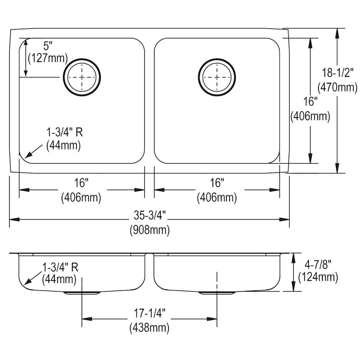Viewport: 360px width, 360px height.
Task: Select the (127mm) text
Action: [x=48, y=58]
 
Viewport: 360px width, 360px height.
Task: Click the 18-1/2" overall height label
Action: [x=338, y=73]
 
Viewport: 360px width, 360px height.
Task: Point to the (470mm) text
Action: [x=338, y=87]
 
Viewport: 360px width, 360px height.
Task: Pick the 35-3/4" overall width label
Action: [x=150, y=215]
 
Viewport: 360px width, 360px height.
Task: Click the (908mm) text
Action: [x=150, y=230]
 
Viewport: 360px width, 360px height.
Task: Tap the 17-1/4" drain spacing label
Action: [x=150, y=313]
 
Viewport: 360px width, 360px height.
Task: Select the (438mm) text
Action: [x=150, y=328]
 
